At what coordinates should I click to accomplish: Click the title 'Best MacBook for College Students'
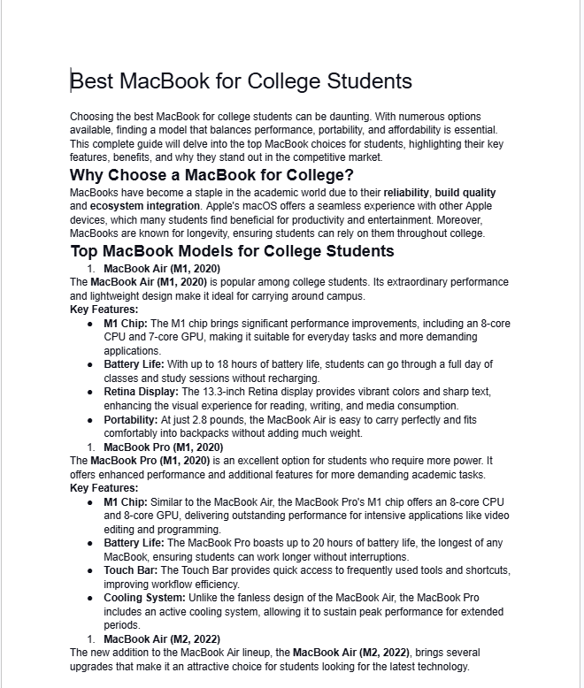pos(241,81)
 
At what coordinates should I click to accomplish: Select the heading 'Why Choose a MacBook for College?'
pos(211,175)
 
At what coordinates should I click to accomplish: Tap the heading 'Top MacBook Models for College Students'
pos(232,251)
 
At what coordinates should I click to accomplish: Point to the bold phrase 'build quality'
pos(465,192)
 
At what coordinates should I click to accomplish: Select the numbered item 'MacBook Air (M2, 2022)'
pos(161,638)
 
